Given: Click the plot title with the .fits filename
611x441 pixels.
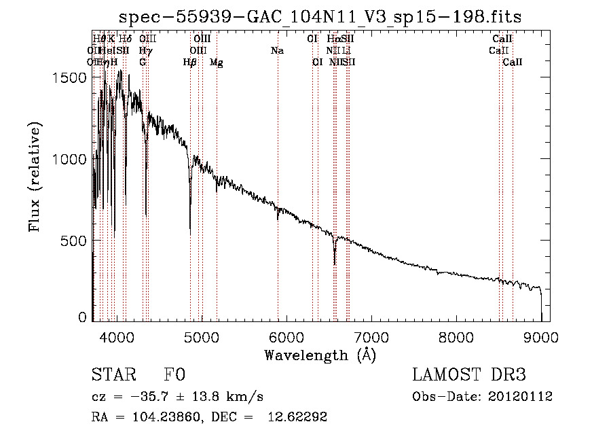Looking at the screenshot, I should [x=320, y=17].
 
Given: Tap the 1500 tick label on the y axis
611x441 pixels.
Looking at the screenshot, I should [x=71, y=77].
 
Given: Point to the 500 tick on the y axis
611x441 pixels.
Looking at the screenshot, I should [x=75, y=241].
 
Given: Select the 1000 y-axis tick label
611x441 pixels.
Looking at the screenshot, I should [x=71, y=159].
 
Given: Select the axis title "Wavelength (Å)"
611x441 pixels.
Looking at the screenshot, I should [x=320, y=355].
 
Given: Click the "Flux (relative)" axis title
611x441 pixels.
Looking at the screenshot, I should [x=35, y=177].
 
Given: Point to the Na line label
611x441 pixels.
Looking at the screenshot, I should [x=277, y=51].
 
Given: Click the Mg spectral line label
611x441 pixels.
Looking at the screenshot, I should [x=216, y=63].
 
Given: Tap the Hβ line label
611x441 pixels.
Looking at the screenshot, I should [x=190, y=63].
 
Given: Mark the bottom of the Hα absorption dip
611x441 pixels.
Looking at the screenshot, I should [x=334, y=264].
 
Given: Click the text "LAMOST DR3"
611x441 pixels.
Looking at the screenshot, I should [x=469, y=375].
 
